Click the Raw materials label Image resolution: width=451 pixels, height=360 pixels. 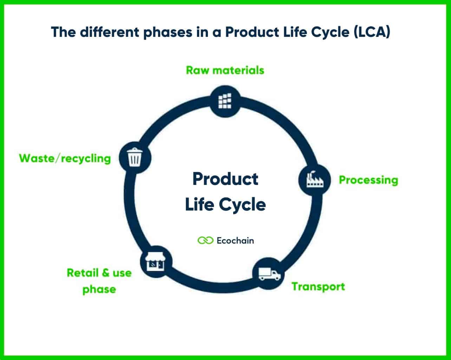[225, 70]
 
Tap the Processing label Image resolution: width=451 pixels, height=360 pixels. [368, 180]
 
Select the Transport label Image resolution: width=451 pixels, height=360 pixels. [318, 287]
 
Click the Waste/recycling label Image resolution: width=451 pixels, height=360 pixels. [65, 158]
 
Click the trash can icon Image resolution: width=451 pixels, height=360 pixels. [135, 158]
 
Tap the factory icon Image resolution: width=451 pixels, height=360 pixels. [314, 180]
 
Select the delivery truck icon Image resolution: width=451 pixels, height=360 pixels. [269, 274]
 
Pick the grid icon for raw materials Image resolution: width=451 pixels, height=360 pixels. [225, 101]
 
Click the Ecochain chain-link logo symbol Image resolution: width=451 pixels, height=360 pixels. [205, 241]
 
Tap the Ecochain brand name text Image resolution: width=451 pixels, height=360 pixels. [235, 241]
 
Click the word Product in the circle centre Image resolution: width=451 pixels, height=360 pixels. [225, 179]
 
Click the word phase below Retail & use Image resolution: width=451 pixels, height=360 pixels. [99, 289]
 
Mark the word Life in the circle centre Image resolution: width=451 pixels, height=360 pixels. [198, 205]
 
